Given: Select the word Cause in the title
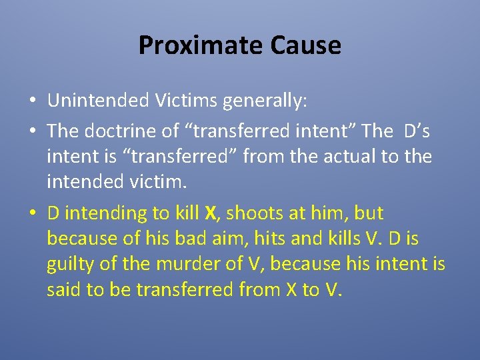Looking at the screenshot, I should (306, 45).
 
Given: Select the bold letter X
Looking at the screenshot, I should (211, 213).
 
